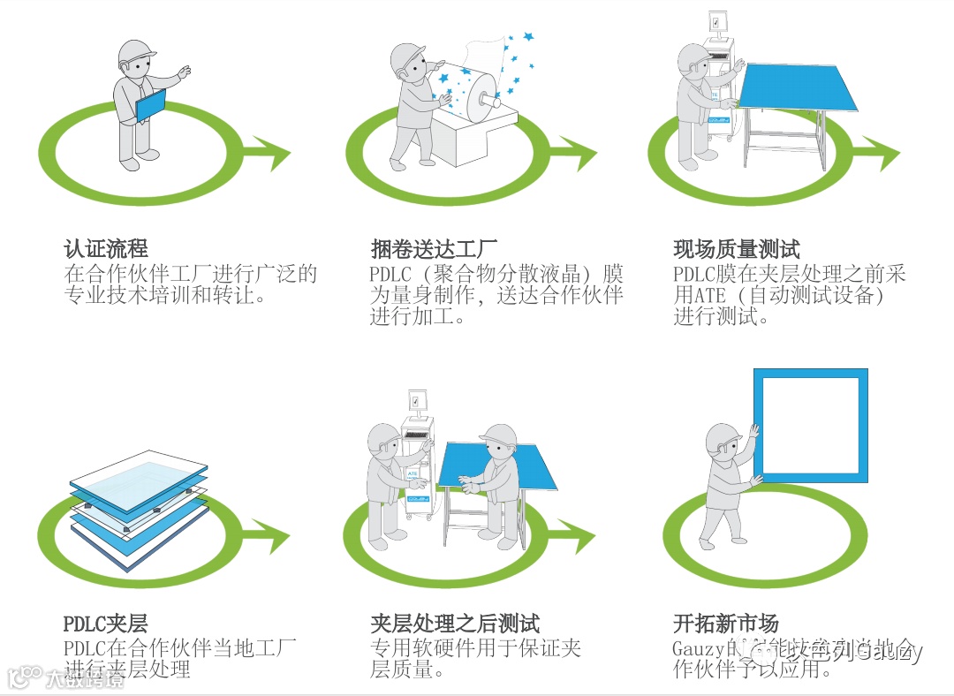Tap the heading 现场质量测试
(736, 249)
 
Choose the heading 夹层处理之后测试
(455, 624)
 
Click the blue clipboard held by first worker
(149, 106)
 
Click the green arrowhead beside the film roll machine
(579, 154)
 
